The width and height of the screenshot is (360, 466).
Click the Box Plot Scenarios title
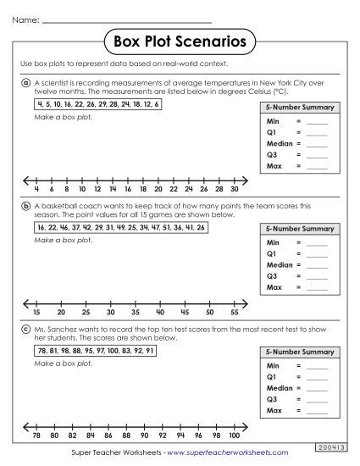(180, 41)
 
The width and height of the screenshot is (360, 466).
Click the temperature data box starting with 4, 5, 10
(97, 103)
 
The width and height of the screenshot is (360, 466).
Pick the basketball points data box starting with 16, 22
(119, 228)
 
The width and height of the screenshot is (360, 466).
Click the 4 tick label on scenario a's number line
(36, 190)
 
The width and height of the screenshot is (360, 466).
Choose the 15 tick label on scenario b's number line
(36, 313)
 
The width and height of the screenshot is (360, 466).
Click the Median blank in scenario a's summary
(317, 144)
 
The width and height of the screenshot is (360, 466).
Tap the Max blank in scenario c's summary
(317, 411)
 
